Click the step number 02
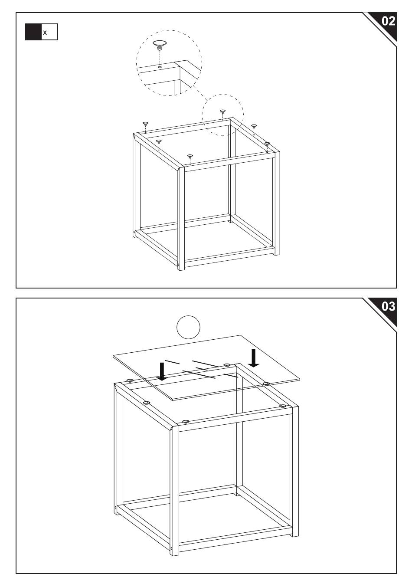pyautogui.click(x=388, y=21)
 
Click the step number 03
pyautogui.click(x=388, y=306)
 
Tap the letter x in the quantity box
pyautogui.click(x=45, y=33)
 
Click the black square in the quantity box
pyautogui.click(x=33, y=32)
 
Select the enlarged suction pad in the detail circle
pyautogui.click(x=160, y=45)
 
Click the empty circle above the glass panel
pyautogui.click(x=188, y=327)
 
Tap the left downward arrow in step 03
pyautogui.click(x=162, y=371)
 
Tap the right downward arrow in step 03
pyautogui.click(x=254, y=358)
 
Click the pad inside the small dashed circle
pyautogui.click(x=222, y=112)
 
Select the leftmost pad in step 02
pyautogui.click(x=145, y=124)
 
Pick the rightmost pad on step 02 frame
pyautogui.click(x=267, y=144)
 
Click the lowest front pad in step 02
pyautogui.click(x=190, y=157)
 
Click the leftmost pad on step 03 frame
pyautogui.click(x=129, y=380)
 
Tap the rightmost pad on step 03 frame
pyautogui.click(x=282, y=406)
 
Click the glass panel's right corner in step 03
pyautogui.click(x=300, y=378)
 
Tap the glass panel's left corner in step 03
pyautogui.click(x=113, y=356)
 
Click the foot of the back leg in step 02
pyautogui.click(x=230, y=221)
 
